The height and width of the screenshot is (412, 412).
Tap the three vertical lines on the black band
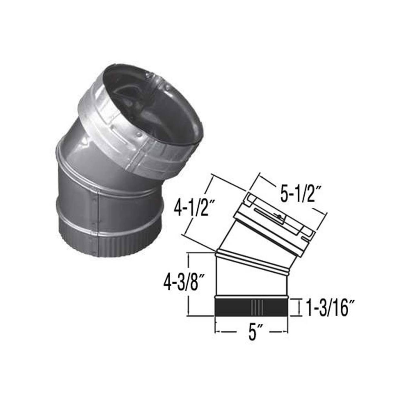pyautogui.click(x=257, y=306)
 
